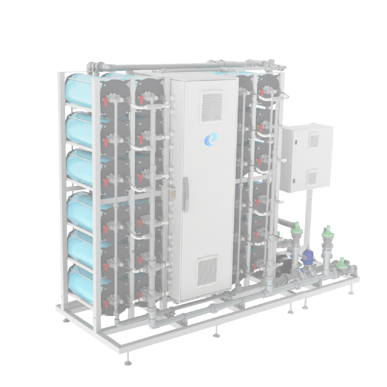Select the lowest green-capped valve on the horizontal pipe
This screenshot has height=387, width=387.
click(341, 261)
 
